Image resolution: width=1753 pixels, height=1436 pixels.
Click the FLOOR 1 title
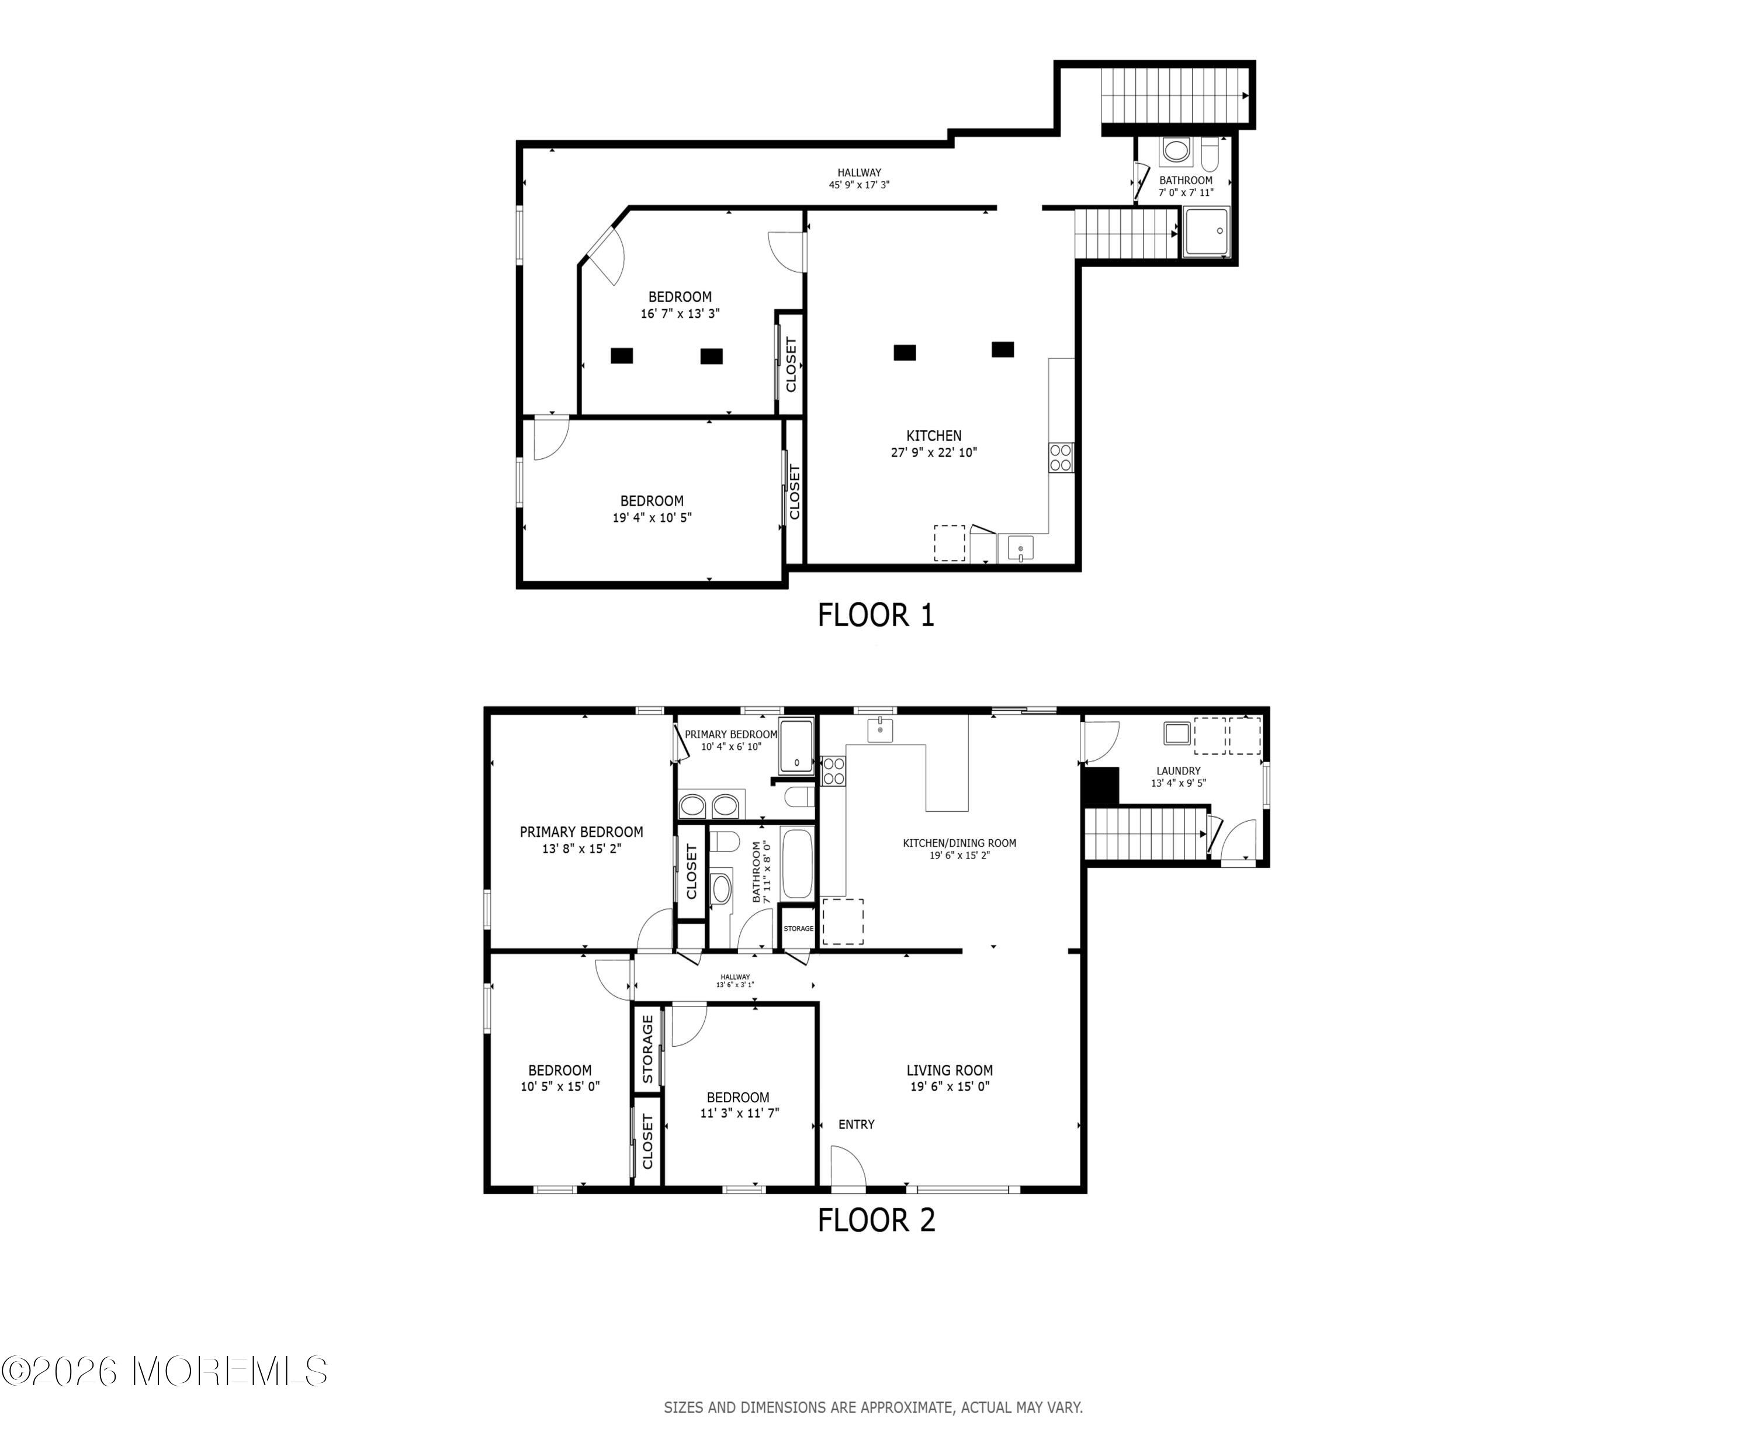tap(876, 615)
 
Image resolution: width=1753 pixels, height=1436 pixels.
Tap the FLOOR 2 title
tap(876, 1220)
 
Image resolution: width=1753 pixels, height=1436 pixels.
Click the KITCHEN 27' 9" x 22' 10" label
tap(934, 444)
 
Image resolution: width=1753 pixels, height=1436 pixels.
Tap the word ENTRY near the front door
tap(856, 1124)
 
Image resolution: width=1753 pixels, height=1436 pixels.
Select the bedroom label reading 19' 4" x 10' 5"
tap(652, 508)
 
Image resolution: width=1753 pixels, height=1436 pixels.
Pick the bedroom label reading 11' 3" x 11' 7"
tap(739, 1105)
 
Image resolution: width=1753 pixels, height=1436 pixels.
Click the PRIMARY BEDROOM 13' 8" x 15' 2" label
tap(581, 840)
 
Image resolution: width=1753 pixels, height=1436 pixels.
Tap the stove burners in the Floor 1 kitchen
tap(1062, 458)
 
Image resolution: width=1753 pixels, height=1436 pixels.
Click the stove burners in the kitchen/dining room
tap(833, 771)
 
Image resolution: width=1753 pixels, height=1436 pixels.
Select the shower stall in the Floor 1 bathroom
tap(1205, 231)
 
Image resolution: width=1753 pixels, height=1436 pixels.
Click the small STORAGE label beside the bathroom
tap(798, 928)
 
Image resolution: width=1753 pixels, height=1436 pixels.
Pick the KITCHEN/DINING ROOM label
tap(959, 849)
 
